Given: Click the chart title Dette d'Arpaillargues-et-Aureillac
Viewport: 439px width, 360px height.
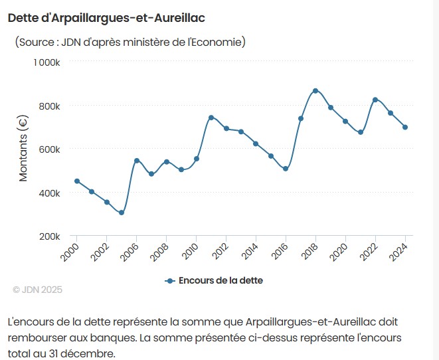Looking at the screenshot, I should pos(106,17).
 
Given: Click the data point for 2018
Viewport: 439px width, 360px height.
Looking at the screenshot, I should pos(315,90).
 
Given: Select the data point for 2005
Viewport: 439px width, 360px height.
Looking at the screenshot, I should pos(122,213).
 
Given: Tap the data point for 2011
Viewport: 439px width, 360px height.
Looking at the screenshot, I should pos(211,118).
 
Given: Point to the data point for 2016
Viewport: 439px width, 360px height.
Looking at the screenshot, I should pos(286,169).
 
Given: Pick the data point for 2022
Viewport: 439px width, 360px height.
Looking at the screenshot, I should pos(375,100).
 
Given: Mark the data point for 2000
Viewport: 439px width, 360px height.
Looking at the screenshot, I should pos(77,181).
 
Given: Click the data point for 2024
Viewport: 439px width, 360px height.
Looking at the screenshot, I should pos(405,127).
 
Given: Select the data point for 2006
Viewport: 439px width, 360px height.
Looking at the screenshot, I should pos(137,161).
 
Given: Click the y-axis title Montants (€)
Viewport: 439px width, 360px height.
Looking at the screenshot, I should pos(23,149).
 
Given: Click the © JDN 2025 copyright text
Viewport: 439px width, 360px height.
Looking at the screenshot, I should pos(37,290).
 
